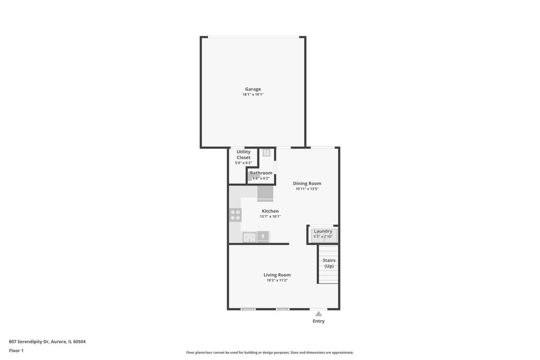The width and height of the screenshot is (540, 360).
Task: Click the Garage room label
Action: [253, 89]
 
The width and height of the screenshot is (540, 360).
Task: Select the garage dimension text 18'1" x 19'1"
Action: [253, 94]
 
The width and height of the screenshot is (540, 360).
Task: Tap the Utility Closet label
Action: [243, 154]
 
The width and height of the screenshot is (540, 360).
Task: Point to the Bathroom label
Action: [261, 173]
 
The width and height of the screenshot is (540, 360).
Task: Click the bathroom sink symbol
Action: [266, 153]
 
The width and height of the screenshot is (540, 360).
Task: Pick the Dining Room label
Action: [307, 184]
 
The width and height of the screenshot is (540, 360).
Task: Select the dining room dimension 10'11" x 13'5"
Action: [307, 189]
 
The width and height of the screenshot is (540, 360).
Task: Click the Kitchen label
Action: [270, 211]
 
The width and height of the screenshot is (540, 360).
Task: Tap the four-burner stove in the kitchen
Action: [235, 215]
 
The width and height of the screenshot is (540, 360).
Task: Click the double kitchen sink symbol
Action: [249, 237]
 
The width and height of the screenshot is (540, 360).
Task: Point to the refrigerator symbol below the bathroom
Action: [265, 193]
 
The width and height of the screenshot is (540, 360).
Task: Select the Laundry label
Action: [323, 231]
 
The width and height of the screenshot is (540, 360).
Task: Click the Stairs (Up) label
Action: [329, 263]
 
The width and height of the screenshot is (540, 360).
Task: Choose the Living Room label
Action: [277, 275]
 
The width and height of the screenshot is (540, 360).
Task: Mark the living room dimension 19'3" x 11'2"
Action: [277, 280]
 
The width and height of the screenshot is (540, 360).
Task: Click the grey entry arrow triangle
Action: [319, 314]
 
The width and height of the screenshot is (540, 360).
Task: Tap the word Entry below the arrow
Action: [319, 321]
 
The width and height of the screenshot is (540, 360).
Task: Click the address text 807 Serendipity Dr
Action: [29, 342]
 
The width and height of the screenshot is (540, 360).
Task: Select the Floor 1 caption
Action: [16, 351]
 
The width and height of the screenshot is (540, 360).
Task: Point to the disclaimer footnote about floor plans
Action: [270, 352]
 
